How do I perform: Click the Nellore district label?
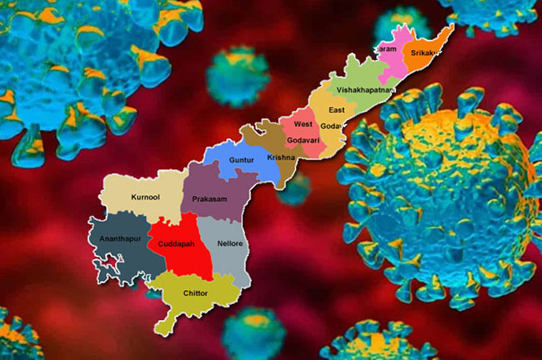(x=229, y=243)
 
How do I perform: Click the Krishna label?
(x=282, y=157)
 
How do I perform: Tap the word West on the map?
(x=303, y=124)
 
